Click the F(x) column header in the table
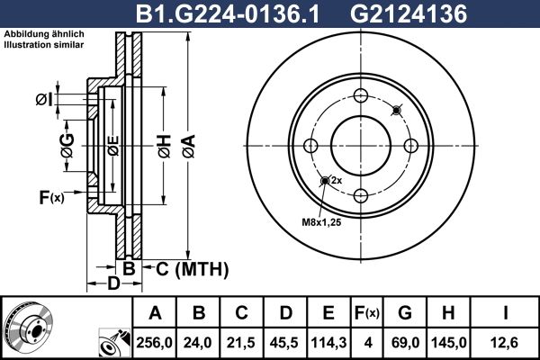tap(367, 312)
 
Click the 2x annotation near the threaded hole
tap(336, 181)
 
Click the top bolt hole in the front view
tap(360, 97)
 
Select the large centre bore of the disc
tap(360, 146)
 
